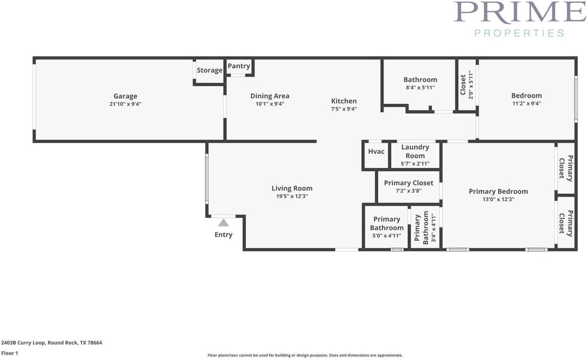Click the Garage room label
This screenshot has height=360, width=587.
coord(125,96)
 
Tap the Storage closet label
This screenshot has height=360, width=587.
coord(210,70)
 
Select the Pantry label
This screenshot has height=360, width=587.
coord(239,66)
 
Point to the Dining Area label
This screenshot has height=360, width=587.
coord(270,96)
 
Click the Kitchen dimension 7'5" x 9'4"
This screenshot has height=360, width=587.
coord(343,109)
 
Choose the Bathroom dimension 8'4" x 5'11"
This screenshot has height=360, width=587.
coord(420,88)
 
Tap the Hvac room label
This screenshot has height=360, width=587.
coord(376,151)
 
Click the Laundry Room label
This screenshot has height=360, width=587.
coord(415,151)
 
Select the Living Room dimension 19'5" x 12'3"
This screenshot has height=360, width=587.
coord(292,196)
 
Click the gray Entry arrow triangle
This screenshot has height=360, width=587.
coord(223,223)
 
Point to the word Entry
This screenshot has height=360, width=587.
coord(223,235)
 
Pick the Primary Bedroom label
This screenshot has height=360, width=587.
coord(498,192)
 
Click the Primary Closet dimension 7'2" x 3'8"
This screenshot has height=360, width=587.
coord(408,191)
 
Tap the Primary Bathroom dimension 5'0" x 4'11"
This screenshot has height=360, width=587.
coord(386,236)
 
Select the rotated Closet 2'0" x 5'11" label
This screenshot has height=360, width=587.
coord(466,85)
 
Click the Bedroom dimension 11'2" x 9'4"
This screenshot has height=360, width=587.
coord(526,104)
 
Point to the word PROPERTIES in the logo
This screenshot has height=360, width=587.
coord(519,33)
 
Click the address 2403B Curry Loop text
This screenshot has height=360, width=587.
coord(51,343)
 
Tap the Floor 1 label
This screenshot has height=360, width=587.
coord(10,353)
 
